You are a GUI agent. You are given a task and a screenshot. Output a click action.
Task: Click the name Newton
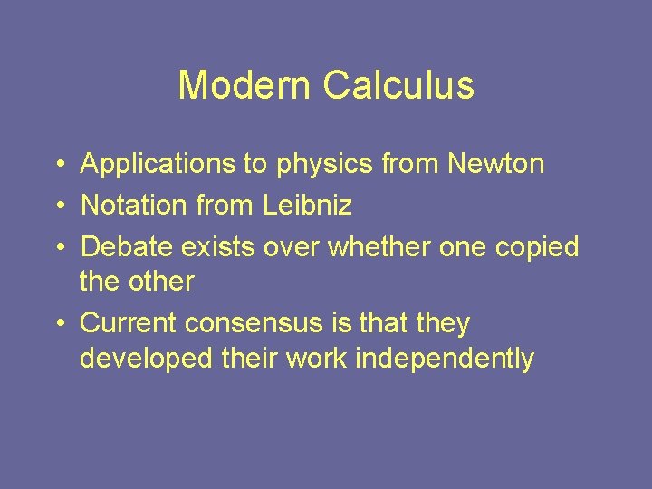[496, 165]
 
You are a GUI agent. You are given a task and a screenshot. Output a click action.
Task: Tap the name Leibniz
[308, 206]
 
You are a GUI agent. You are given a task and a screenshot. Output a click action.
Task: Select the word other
[162, 282]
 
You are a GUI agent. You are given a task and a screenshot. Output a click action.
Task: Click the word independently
[445, 360]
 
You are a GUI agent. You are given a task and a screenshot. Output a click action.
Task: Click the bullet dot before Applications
[57, 166]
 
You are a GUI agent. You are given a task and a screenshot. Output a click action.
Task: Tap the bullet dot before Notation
[57, 206]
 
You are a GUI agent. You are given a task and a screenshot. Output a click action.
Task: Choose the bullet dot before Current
[57, 324]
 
